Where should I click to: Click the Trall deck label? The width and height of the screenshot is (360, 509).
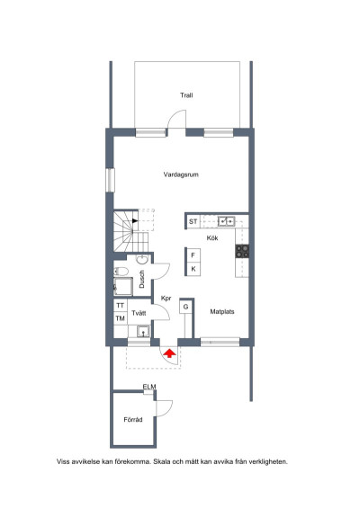186,95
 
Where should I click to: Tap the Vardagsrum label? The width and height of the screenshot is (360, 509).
181,174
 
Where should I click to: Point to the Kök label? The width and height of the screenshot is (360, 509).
212,238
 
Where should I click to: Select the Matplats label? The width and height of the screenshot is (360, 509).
222,312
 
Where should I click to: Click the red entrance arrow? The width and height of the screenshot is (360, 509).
169,353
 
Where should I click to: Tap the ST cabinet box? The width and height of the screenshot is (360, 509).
193,222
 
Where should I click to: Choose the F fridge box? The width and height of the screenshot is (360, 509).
193,255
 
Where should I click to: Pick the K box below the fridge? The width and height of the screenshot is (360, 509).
193,269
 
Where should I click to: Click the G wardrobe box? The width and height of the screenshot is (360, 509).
185,307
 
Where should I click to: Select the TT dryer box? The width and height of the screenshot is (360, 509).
121,306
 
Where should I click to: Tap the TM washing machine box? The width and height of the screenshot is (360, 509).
121,318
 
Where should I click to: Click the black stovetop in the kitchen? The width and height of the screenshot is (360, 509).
242,251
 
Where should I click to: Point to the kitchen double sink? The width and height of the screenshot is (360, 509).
226,221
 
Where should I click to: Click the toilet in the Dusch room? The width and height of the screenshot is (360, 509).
121,271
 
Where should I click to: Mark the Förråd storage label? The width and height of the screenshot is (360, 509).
133,420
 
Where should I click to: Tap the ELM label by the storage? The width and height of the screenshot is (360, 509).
149,387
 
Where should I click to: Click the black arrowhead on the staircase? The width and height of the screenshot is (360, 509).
135,220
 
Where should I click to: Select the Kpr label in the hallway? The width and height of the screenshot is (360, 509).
166,299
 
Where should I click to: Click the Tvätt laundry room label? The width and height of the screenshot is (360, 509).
139,313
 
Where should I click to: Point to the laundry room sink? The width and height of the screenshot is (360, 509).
143,332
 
